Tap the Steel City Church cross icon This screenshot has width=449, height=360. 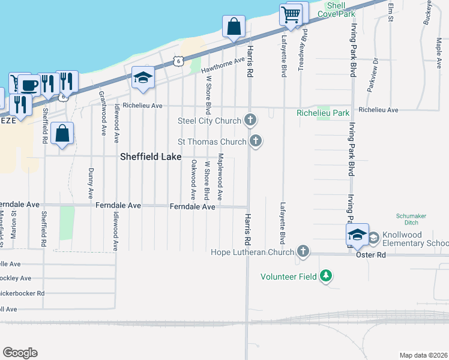pyautogui.click(x=251, y=121)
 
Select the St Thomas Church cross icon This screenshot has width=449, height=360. pyautogui.click(x=256, y=142)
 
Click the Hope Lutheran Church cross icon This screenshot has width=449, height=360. pyautogui.click(x=303, y=252)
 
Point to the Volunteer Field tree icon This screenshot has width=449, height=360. pyautogui.click(x=326, y=276)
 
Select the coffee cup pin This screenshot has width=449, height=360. pyautogui.click(x=28, y=85)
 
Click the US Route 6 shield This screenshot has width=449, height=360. pyautogui.click(x=176, y=61)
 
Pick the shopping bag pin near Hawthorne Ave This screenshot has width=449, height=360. pyautogui.click(x=234, y=27)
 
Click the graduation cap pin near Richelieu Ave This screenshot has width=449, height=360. pyautogui.click(x=143, y=77)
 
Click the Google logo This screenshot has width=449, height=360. pyautogui.click(x=20, y=353)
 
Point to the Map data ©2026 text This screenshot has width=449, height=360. pyautogui.click(x=423, y=355)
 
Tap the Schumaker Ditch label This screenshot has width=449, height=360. pyautogui.click(x=411, y=220)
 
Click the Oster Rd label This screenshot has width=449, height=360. pyautogui.click(x=372, y=255)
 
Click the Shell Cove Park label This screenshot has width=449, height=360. pyautogui.click(x=336, y=9)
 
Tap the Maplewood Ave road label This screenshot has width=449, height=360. pyautogui.click(x=220, y=176)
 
